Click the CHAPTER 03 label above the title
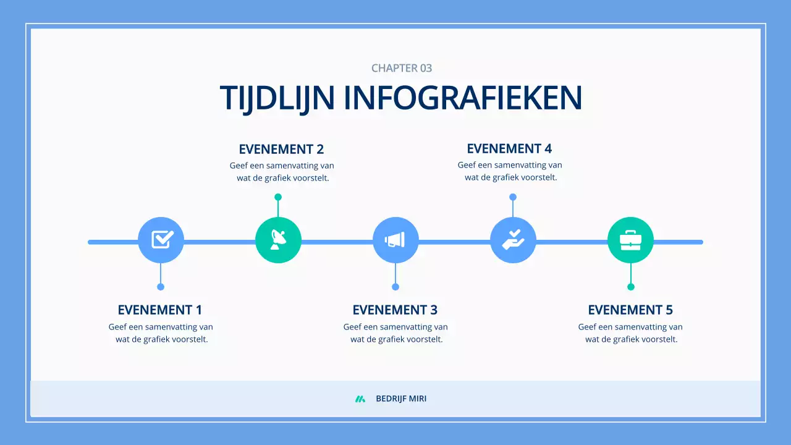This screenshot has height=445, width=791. [x=402, y=68]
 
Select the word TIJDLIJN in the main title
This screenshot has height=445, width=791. [x=277, y=98]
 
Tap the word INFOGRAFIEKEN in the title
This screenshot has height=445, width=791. [x=463, y=98]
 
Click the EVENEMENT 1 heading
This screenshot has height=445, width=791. [x=160, y=310]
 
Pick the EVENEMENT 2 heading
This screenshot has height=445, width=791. [x=281, y=149]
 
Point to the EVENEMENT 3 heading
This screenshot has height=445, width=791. [x=395, y=310]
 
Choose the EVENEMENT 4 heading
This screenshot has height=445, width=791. [x=509, y=148]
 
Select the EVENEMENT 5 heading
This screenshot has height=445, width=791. [x=630, y=310]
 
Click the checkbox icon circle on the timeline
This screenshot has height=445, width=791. [x=161, y=240]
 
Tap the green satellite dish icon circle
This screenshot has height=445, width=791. [x=278, y=240]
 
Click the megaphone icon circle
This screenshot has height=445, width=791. [x=395, y=240]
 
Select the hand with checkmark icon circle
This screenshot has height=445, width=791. [x=513, y=240]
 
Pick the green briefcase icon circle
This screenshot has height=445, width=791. [x=630, y=240]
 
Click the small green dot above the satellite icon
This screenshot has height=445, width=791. [x=278, y=197]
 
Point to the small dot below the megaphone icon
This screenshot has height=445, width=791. [x=395, y=287]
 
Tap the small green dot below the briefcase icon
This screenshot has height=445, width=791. [x=631, y=287]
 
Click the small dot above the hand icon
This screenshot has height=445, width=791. [x=513, y=197]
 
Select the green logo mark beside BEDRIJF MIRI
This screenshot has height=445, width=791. [x=360, y=399]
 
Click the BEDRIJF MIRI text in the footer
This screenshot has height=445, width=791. [x=401, y=399]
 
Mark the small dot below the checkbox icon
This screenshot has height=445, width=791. [x=161, y=287]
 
